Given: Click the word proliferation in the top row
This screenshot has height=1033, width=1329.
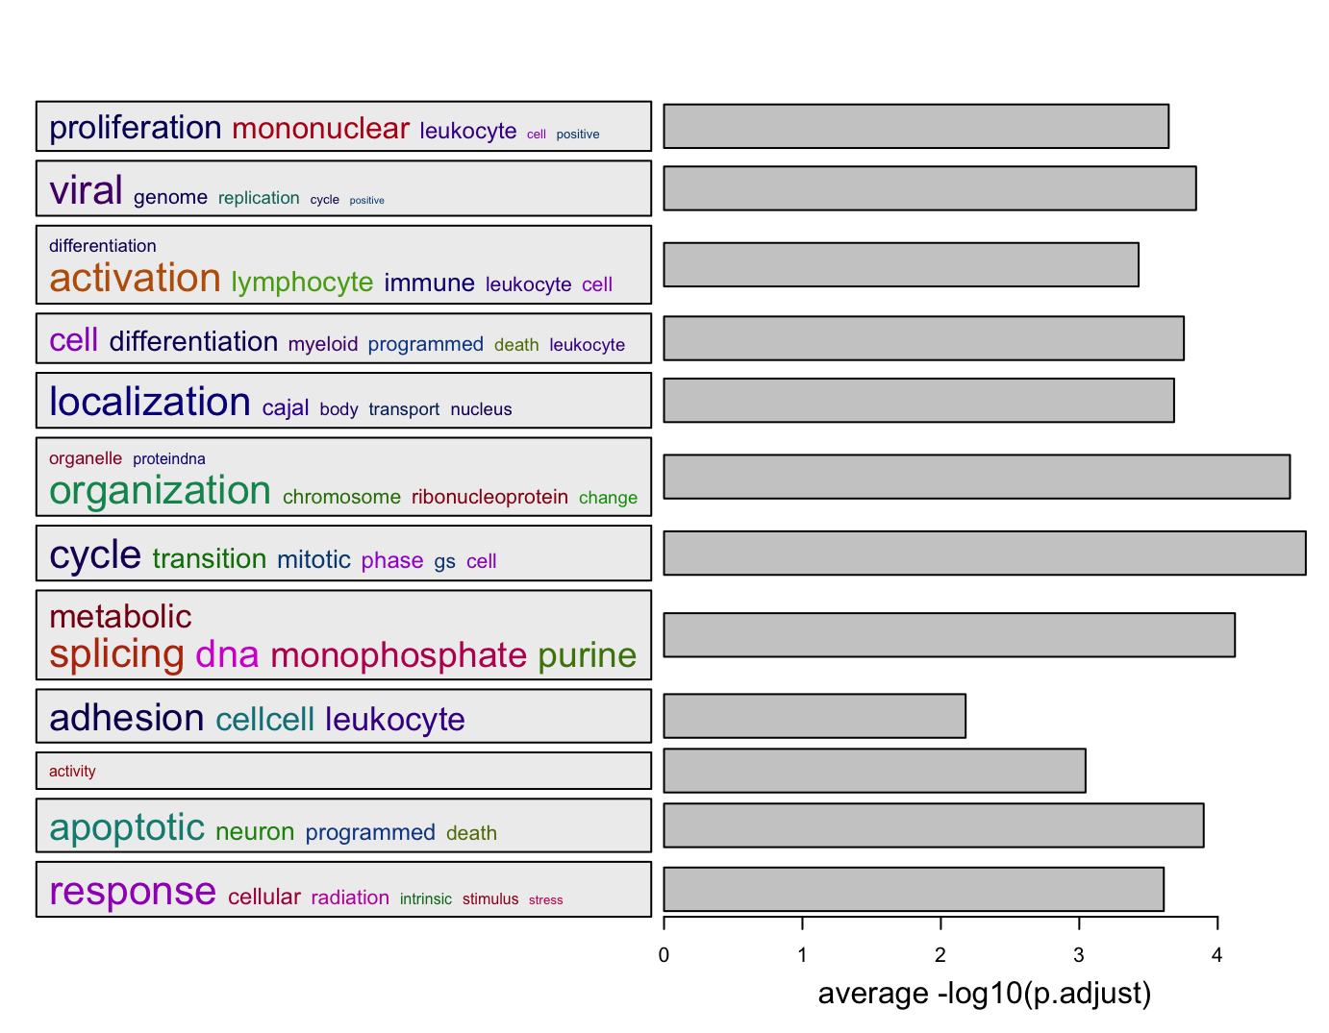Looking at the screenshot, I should (135, 128).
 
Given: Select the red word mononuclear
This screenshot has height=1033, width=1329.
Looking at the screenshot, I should (320, 128).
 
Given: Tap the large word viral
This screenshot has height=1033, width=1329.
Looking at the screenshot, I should (86, 190).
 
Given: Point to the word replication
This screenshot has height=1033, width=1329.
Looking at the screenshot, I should (259, 198).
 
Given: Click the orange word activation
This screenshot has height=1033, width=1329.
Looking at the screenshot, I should (135, 279).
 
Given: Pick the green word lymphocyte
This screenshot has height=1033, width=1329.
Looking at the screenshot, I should (302, 283).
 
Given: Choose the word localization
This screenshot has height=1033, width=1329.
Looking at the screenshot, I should (150, 402).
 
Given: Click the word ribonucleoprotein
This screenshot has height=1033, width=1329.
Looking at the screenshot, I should (489, 497).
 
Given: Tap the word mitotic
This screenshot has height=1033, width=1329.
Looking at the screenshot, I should (313, 559).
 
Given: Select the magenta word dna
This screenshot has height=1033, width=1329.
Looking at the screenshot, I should (227, 654).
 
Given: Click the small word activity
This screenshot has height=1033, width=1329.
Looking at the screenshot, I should (72, 771).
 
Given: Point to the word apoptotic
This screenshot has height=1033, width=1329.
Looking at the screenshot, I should (127, 827).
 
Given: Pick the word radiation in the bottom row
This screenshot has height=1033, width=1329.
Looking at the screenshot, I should (350, 898).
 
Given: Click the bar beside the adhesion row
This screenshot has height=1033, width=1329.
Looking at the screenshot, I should (814, 716).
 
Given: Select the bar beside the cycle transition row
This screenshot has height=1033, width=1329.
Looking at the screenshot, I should (984, 553).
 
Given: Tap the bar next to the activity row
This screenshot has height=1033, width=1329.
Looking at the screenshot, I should (874, 771).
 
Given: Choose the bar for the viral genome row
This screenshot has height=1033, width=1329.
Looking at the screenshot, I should (929, 188).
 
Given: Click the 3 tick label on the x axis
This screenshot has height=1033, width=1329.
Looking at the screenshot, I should (1079, 955).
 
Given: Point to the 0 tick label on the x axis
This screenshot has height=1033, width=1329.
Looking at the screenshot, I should (664, 955).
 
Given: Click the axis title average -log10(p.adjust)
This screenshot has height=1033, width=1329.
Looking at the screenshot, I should (984, 994).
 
